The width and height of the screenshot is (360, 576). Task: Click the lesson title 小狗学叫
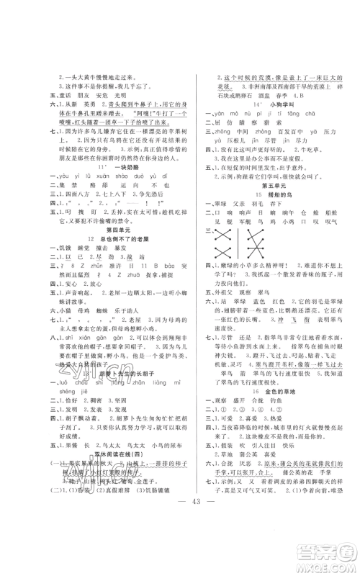tap(270, 104)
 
